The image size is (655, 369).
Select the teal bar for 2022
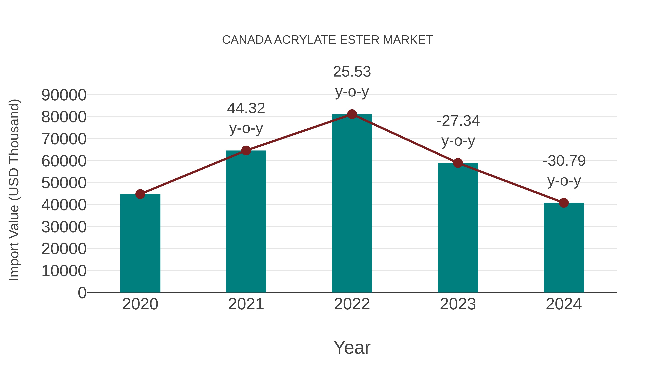[352, 204]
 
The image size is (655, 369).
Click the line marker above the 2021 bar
[246, 151]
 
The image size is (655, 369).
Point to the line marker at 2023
[458, 163]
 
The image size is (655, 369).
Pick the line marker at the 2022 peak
[352, 114]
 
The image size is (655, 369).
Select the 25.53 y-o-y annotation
[352, 81]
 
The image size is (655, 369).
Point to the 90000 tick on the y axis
[64, 95]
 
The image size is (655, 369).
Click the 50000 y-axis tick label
[64, 183]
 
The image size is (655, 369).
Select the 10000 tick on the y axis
[64, 271]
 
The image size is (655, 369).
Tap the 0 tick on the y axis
[82, 293]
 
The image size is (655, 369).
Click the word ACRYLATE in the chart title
[305, 40]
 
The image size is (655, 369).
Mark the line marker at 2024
[564, 203]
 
